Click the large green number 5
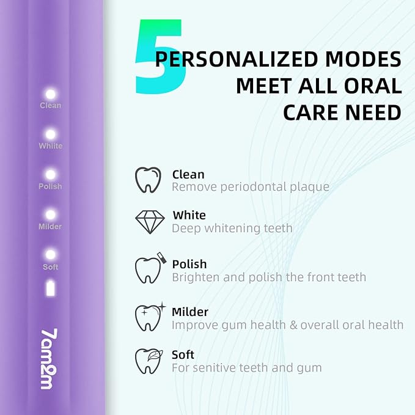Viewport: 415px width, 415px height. coord(158,58)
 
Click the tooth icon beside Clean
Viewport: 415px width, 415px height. coord(148,180)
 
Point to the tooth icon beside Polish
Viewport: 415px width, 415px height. coord(148,269)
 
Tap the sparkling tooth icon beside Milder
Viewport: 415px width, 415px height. coord(148,317)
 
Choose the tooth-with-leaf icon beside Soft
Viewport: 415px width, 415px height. coord(148,360)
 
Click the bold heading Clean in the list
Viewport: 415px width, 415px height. coord(188,174)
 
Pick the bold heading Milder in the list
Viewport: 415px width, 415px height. coord(190,312)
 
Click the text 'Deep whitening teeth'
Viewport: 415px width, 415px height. coord(232,228)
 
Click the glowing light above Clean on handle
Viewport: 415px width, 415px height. coord(51,94)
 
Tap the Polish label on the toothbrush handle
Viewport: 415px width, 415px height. coord(51,186)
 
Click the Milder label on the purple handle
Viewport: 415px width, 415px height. coord(51,227)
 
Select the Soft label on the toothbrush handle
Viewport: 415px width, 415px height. coord(51,267)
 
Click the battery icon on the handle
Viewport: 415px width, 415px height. coord(51,287)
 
